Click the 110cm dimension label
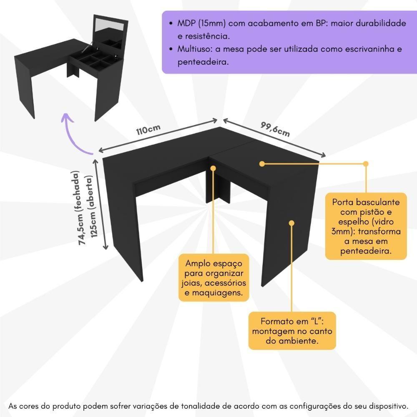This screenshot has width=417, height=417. pyautogui.click(x=148, y=129)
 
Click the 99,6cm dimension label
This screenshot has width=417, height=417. pyautogui.click(x=275, y=129)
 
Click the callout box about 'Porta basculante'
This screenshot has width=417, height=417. pyautogui.click(x=366, y=226)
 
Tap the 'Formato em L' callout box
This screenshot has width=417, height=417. pyautogui.click(x=292, y=331)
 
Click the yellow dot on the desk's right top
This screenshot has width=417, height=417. pyautogui.click(x=262, y=164)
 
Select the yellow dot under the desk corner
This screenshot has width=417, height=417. pyautogui.click(x=214, y=168)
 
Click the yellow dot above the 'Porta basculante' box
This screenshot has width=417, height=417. pyautogui.click(x=366, y=164)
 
